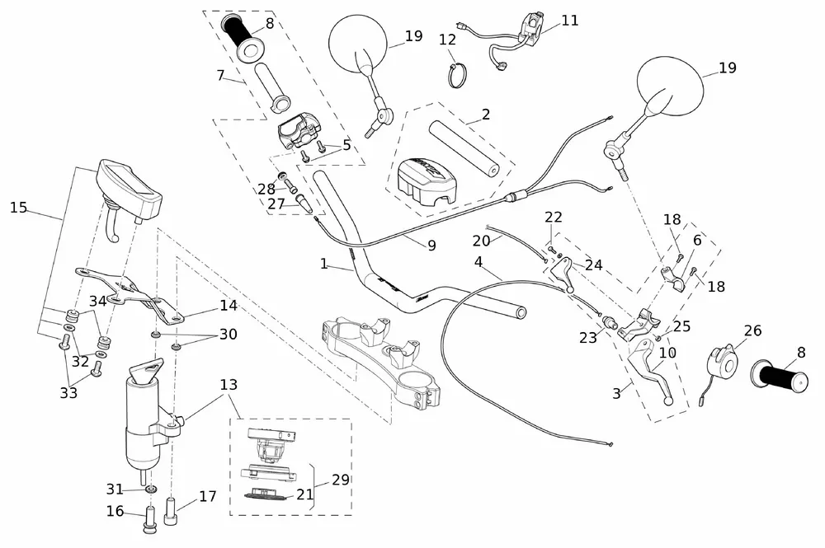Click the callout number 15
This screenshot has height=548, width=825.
[18, 207]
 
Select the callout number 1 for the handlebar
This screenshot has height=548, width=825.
[324, 265]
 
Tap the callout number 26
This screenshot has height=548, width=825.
[752, 331]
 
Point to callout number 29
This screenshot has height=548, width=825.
[339, 479]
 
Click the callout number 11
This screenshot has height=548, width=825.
[570, 21]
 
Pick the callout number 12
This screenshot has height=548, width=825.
[448, 39]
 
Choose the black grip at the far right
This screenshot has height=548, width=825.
[777, 377]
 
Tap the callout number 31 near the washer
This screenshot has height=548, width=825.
[115, 489]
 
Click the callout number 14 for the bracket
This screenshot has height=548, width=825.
[229, 306]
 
